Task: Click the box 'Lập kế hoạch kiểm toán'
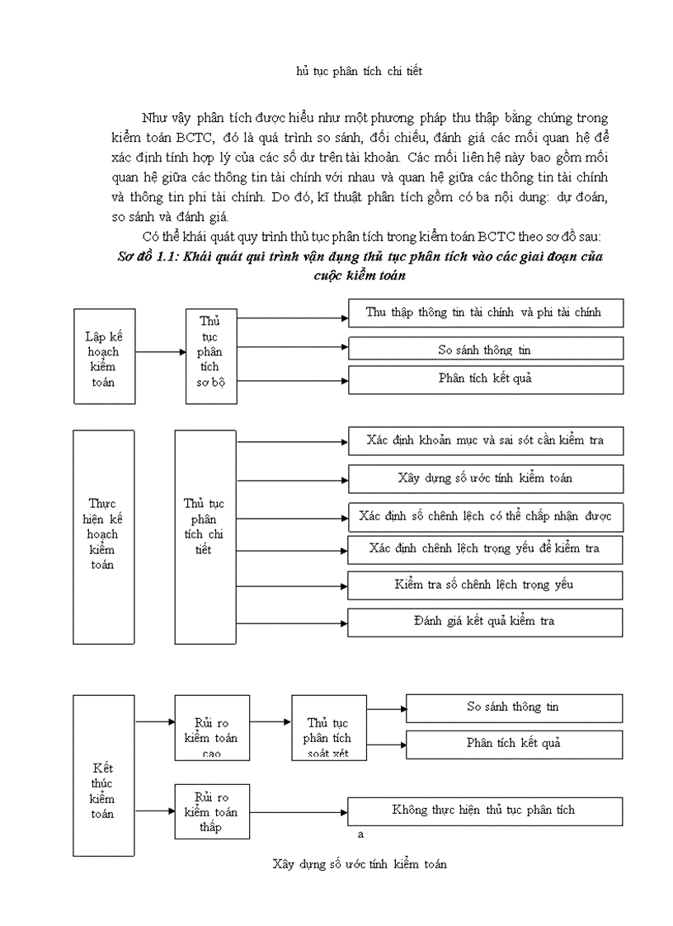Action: tap(104, 356)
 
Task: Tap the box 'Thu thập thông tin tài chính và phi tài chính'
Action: tap(483, 313)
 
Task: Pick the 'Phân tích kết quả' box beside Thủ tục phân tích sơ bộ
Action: tap(485, 378)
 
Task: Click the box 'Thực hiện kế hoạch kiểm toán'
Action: tap(104, 536)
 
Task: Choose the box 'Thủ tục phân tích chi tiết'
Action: tap(205, 536)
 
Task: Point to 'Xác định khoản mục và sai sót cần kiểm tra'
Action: tap(485, 441)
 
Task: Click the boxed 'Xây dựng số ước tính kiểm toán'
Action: tap(485, 478)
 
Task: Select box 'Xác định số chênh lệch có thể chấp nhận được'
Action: tap(485, 517)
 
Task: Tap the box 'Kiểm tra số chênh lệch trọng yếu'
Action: tap(485, 585)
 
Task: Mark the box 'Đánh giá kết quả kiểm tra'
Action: tap(485, 622)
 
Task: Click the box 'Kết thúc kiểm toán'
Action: tap(104, 790)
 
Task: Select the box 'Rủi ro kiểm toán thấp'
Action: tap(212, 811)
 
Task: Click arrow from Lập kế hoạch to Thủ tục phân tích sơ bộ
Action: tap(160, 352)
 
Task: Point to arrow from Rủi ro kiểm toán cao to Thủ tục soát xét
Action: tap(270, 722)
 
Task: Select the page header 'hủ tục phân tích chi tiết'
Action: tap(359, 72)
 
